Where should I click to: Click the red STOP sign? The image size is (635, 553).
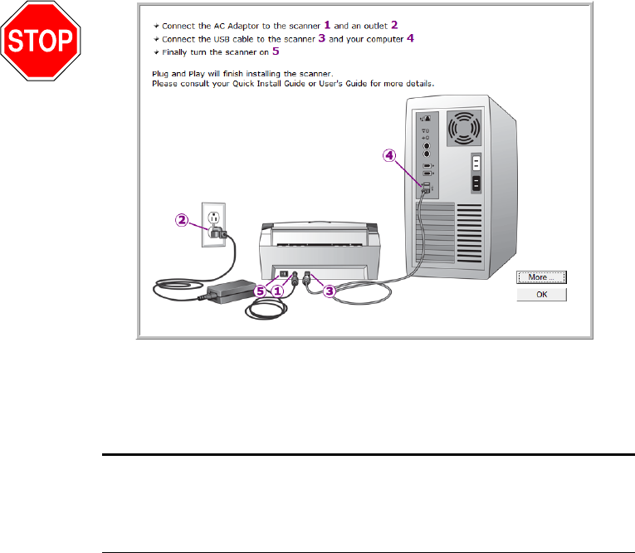[x=41, y=41]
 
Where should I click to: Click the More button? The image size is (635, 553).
[x=540, y=276]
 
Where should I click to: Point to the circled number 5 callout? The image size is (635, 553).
[x=263, y=291]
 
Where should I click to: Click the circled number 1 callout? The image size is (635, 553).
[x=280, y=291]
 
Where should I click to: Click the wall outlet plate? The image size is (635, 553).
[x=213, y=223]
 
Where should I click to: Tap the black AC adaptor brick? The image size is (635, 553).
[x=233, y=290]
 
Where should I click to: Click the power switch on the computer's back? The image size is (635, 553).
[x=476, y=164]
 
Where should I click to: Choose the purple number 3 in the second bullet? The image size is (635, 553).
[x=320, y=38]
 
